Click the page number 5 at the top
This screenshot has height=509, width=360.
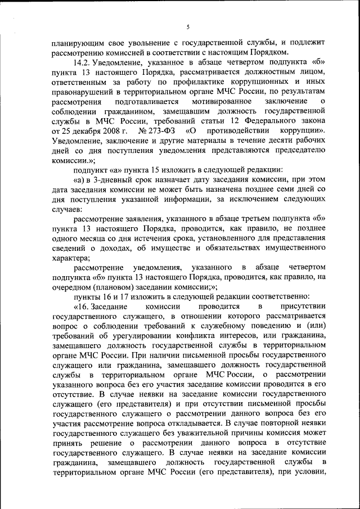[x=188, y=27]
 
